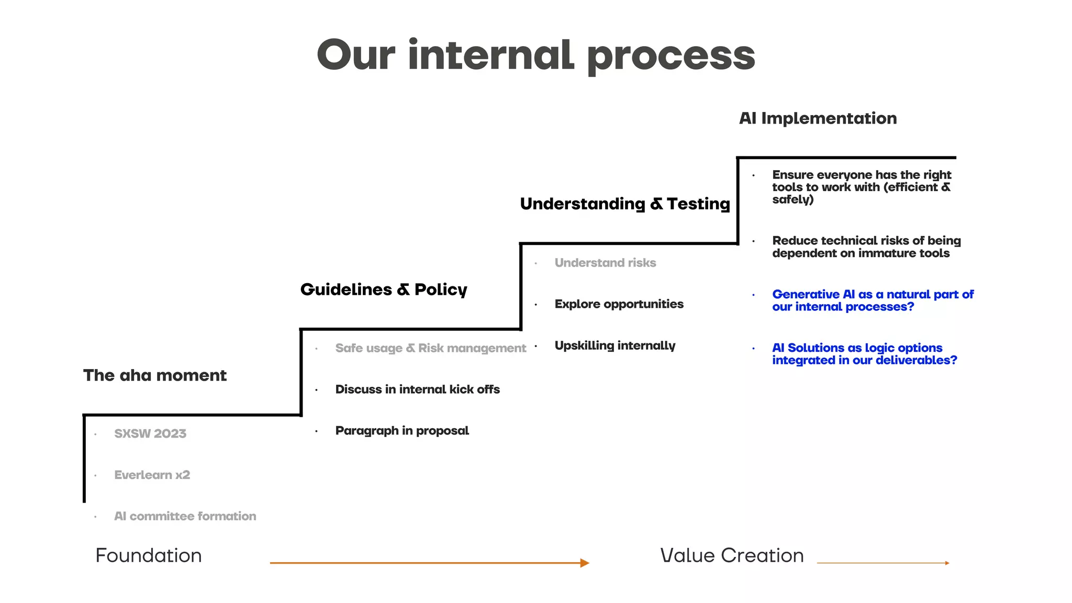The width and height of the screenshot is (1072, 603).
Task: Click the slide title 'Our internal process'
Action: click(x=535, y=55)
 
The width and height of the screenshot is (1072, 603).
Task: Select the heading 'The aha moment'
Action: click(x=155, y=375)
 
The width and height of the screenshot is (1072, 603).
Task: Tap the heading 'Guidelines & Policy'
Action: click(x=384, y=289)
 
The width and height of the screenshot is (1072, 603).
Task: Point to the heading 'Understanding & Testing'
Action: click(x=624, y=204)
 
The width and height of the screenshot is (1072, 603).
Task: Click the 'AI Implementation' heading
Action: click(x=818, y=118)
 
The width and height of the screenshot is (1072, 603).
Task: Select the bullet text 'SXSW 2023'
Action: click(x=150, y=433)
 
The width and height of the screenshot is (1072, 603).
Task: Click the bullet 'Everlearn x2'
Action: click(x=152, y=475)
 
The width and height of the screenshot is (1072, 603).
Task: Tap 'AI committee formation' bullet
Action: click(x=185, y=516)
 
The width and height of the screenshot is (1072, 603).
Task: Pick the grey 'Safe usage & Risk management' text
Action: click(x=430, y=348)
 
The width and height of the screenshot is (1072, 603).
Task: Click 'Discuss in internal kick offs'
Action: click(x=417, y=389)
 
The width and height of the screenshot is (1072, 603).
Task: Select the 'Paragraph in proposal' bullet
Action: click(x=402, y=431)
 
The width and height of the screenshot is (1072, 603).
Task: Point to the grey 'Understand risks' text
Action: click(x=605, y=263)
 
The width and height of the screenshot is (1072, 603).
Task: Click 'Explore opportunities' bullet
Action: click(x=619, y=304)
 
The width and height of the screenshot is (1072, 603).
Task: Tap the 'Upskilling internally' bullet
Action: click(x=615, y=345)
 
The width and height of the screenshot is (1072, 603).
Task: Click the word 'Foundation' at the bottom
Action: click(x=149, y=555)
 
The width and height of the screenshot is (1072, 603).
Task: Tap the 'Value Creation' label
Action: click(x=732, y=555)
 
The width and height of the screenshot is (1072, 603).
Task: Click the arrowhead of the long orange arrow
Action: click(x=585, y=563)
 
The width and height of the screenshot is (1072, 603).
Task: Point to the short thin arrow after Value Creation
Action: click(x=883, y=563)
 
